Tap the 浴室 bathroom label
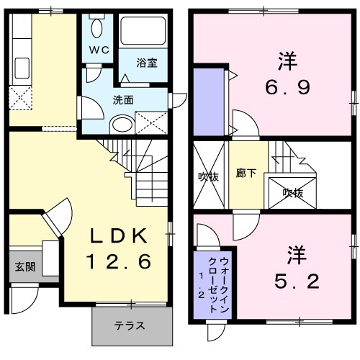coord(148,63)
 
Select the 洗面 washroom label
coord(123,100)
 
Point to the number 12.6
coord(120,262)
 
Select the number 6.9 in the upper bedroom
coord(286,88)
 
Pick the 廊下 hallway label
coord(246,173)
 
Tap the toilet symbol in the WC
coord(99,27)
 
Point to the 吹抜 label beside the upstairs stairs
coord(292,192)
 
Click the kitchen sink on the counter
coord(20,68)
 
